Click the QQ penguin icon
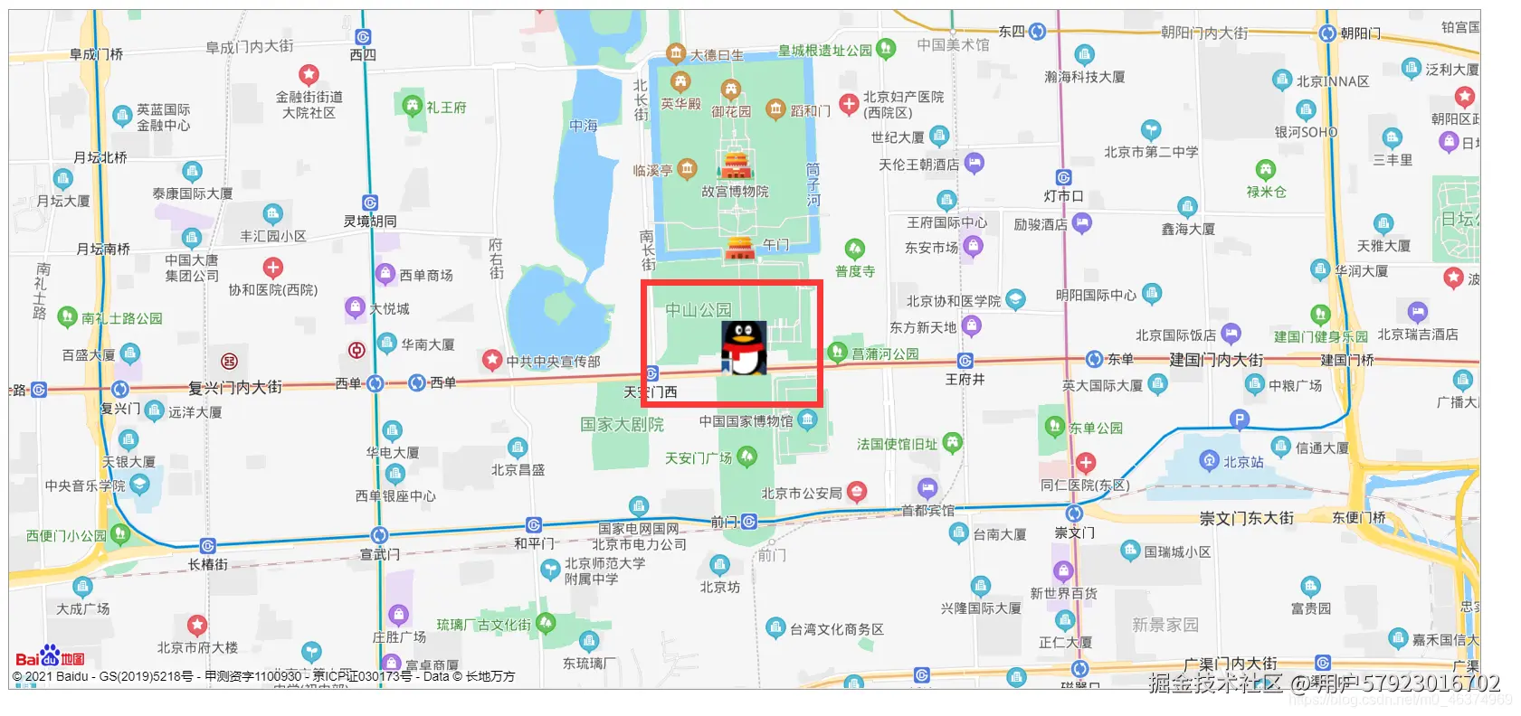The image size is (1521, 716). click(744, 348)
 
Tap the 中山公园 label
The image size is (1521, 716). click(698, 310)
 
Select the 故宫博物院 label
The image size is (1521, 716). click(735, 192)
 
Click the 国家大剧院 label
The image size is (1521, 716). click(622, 424)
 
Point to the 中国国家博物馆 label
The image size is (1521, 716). click(746, 421)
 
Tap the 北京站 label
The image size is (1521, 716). click(1243, 462)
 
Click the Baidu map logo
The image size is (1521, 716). click(50, 657)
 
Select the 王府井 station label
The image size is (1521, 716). click(965, 379)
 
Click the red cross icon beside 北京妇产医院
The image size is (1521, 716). click(849, 104)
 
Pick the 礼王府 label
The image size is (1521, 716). click(446, 108)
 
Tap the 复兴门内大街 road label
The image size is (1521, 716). click(234, 388)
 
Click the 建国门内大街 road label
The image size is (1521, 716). click(1216, 360)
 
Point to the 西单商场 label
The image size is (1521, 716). click(426, 275)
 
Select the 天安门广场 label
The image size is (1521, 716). click(698, 458)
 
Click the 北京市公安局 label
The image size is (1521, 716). click(801, 494)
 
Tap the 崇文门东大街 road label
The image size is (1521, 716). click(1246, 518)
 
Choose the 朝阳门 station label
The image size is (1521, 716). click(1360, 33)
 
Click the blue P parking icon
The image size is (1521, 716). click(1240, 419)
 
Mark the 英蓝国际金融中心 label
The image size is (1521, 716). click(163, 118)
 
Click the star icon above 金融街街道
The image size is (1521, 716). click(309, 74)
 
